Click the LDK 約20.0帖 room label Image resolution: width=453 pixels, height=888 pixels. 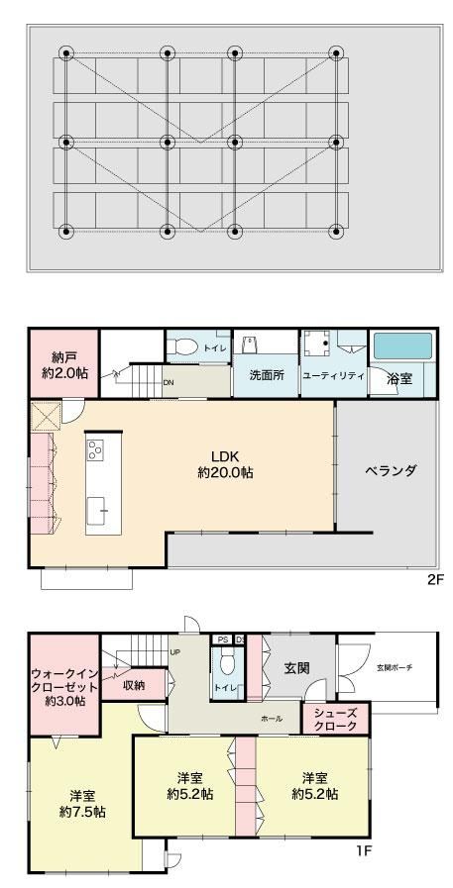coord(224,464)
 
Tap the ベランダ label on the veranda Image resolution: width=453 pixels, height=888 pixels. coord(391,470)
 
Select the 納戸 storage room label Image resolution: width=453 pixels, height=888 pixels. coord(64,365)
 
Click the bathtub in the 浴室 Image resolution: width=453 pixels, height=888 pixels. coord(402,345)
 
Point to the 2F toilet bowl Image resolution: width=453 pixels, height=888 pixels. coord(183,345)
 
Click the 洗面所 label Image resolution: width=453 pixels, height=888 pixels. coord(267,375)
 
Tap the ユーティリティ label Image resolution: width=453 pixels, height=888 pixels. coord(333,376)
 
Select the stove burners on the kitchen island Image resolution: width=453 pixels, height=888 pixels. coord(95,450)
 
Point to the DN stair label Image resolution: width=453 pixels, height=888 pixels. coord(168,382)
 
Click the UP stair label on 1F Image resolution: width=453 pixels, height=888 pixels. coord(175,651)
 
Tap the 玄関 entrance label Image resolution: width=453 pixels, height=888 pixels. coord(296,668)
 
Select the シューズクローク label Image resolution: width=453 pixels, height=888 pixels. coord(337,720)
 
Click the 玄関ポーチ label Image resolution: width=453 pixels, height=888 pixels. coord(394,667)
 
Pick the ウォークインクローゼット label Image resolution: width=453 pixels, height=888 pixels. coord(64,687)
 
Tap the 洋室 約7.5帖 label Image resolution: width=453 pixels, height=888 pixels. coord(82,803)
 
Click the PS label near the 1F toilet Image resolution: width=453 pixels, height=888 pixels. coord(222,640)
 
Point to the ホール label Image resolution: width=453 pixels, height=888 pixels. coord(272,719)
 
